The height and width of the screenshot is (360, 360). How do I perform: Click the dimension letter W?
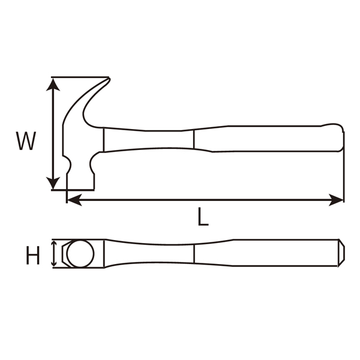click(26, 142)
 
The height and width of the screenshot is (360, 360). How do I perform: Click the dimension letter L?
click(203, 217)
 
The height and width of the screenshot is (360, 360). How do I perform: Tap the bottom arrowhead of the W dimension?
click(54, 182)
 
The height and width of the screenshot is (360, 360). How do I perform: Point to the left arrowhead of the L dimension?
click(73, 200)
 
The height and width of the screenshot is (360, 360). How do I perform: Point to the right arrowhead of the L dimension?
click(337, 200)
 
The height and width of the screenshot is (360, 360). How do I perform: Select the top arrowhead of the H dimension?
click(56, 244)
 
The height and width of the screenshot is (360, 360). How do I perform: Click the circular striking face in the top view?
click(80, 253)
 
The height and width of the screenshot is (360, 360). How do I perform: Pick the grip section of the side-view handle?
click(270, 138)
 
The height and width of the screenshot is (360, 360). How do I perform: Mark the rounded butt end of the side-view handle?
click(341, 138)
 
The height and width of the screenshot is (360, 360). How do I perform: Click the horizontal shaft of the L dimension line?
click(204, 200)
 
